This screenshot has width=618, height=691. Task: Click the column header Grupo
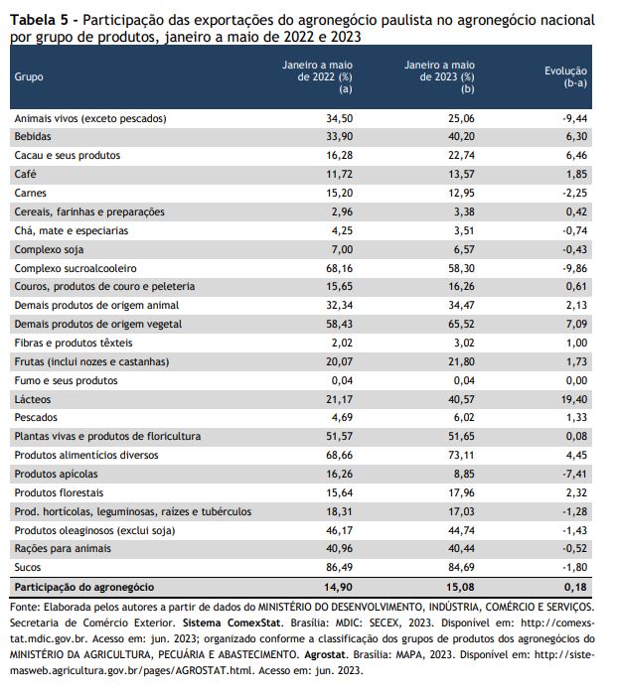pyautogui.click(x=29, y=76)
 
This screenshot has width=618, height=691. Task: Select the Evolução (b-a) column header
pyautogui.click(x=565, y=76)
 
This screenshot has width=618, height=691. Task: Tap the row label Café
pyautogui.click(x=25, y=174)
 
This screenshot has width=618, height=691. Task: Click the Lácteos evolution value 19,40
pyautogui.click(x=574, y=399)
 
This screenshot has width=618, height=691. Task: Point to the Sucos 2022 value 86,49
pyautogui.click(x=339, y=567)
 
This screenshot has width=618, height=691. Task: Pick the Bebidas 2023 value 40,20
pyautogui.click(x=461, y=137)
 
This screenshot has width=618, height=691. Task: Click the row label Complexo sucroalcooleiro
pyautogui.click(x=76, y=268)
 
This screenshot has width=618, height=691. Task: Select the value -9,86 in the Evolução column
pyautogui.click(x=574, y=268)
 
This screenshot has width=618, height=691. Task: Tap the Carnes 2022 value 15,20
pyautogui.click(x=339, y=193)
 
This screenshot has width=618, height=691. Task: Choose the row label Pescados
pyautogui.click(x=36, y=417)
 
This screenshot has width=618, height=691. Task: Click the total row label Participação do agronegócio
pyautogui.click(x=84, y=587)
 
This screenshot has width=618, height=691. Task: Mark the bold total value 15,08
pyautogui.click(x=461, y=587)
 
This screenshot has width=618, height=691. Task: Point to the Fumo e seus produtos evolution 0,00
pyautogui.click(x=576, y=381)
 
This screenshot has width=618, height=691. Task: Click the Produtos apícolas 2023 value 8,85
pyautogui.click(x=464, y=475)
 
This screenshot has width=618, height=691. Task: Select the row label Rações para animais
pyautogui.click(x=63, y=549)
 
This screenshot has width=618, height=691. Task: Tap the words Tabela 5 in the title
pyautogui.click(x=39, y=20)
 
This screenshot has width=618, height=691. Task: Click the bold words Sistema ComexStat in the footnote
pyautogui.click(x=232, y=623)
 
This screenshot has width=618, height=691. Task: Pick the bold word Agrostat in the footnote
pyautogui.click(x=325, y=655)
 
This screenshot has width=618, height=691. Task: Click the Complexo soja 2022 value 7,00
pyautogui.click(x=342, y=250)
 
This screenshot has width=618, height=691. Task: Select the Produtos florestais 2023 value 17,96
pyautogui.click(x=461, y=492)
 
